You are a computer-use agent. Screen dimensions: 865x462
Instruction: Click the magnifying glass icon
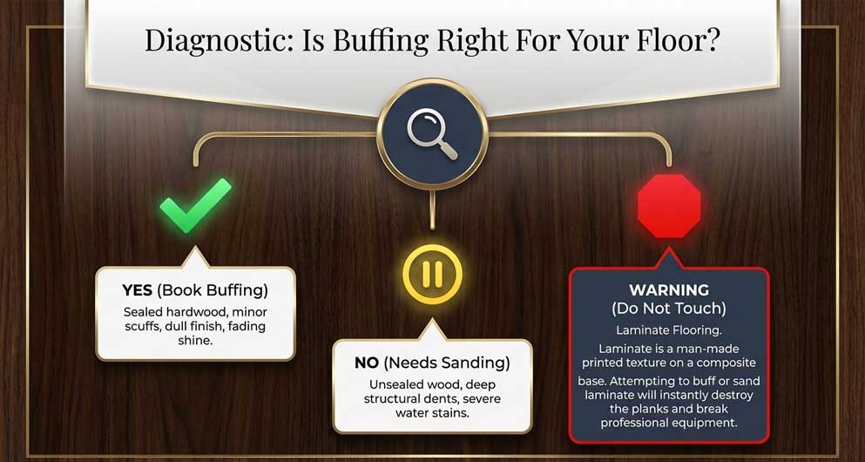(x=432, y=133)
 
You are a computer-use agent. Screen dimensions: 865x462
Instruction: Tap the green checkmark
(x=196, y=205)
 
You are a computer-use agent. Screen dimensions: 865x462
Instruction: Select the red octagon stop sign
(x=669, y=206)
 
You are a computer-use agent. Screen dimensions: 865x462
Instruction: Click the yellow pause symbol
(x=432, y=275)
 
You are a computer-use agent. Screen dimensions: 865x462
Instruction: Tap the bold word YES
(x=138, y=289)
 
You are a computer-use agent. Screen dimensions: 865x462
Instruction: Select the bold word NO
(x=367, y=363)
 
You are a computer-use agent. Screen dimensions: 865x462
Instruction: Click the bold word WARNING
(x=669, y=289)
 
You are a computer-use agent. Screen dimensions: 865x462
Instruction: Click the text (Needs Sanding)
(x=446, y=363)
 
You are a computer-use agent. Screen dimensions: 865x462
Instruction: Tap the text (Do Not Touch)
(x=669, y=309)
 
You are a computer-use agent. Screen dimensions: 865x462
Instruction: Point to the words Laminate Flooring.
(x=669, y=330)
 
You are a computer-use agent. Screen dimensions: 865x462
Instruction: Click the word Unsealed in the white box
(x=395, y=384)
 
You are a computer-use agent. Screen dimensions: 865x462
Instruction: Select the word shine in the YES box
(x=195, y=341)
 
